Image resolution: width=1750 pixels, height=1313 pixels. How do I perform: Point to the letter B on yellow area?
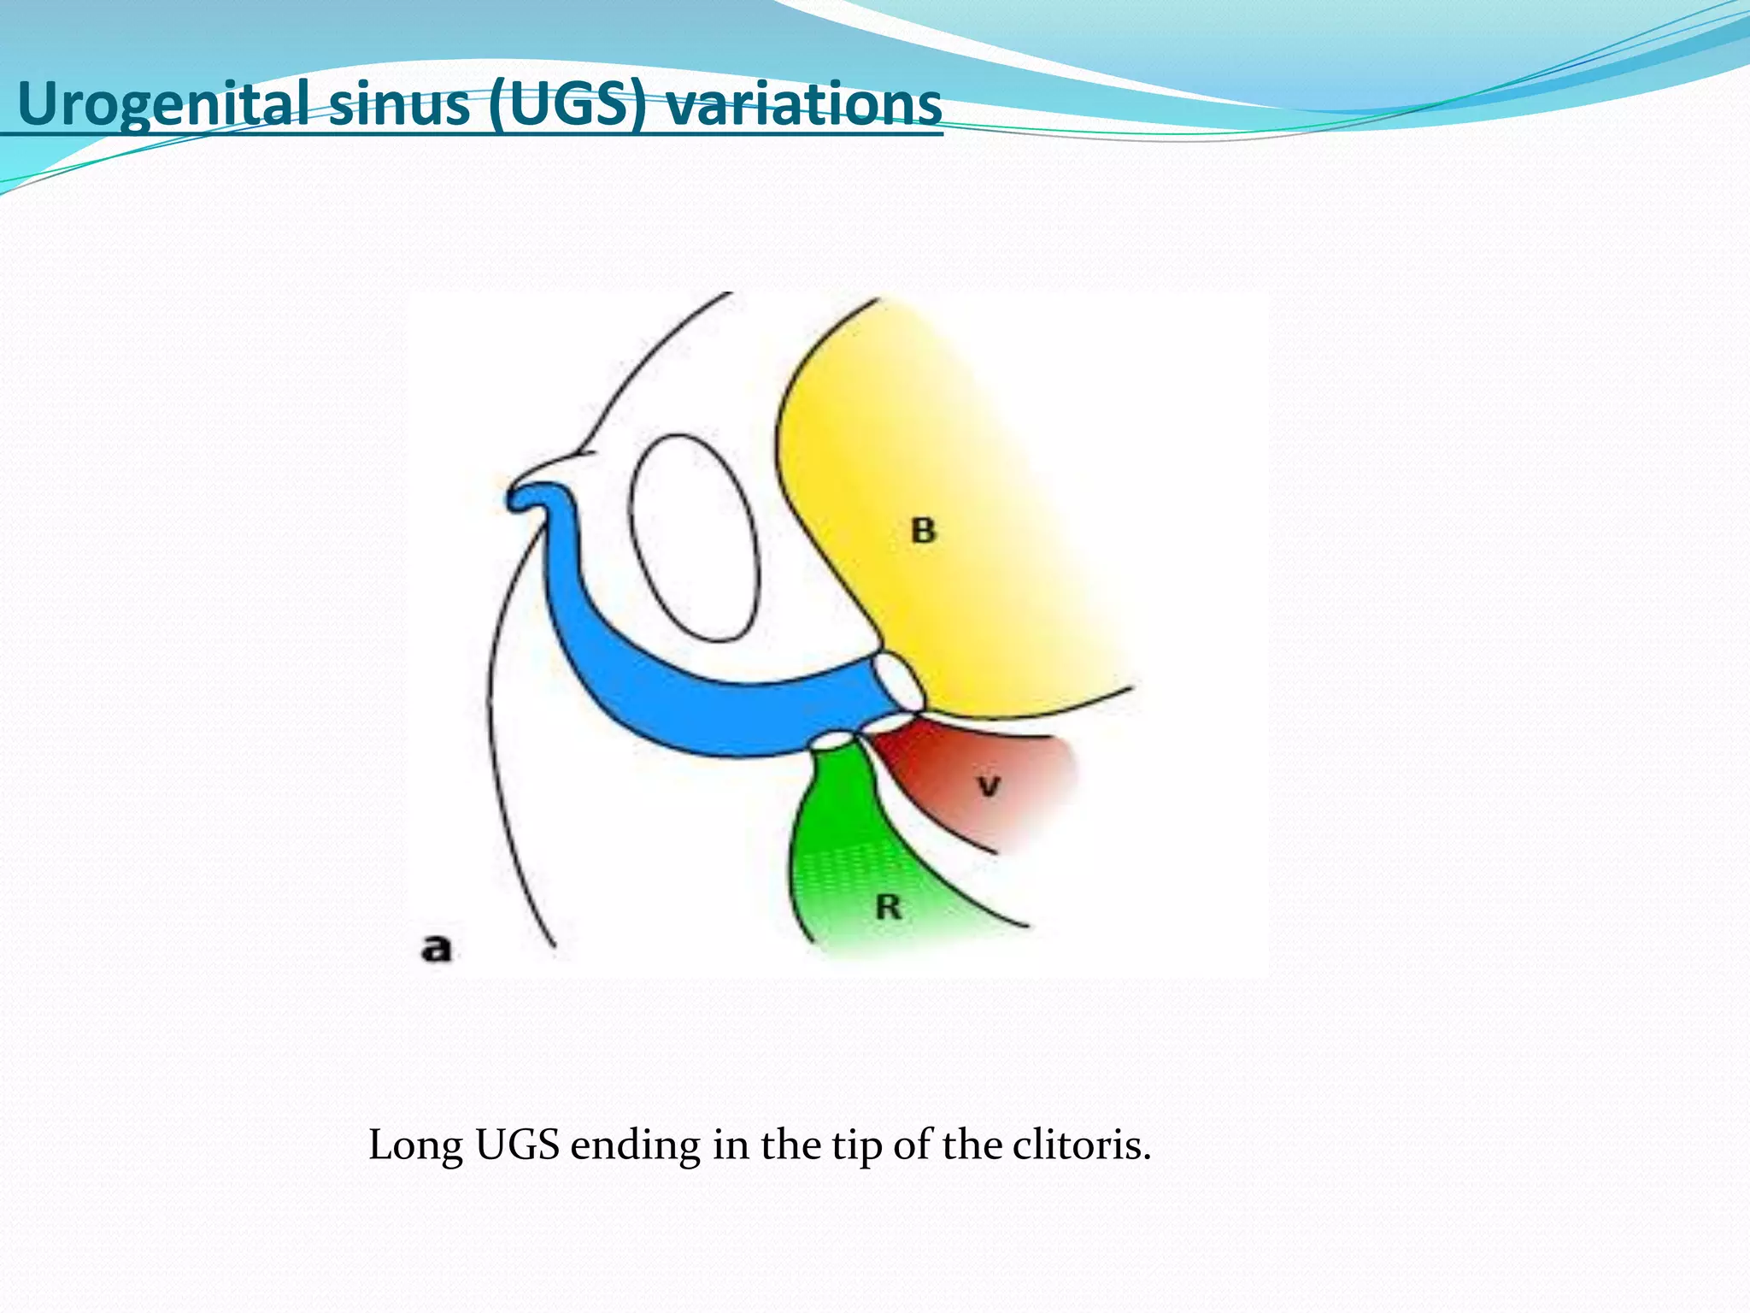(923, 531)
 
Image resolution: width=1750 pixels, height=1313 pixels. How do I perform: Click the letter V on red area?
(989, 785)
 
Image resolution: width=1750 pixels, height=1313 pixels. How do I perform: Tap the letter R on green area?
(889, 907)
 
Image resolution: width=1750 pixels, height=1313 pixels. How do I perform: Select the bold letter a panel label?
(436, 948)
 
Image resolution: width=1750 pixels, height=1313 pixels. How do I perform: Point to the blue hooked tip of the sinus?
(523, 498)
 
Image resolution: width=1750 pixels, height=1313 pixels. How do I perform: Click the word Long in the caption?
(415, 1145)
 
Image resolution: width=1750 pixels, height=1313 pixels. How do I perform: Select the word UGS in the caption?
(517, 1145)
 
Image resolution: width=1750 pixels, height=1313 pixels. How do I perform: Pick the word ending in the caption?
(635, 1146)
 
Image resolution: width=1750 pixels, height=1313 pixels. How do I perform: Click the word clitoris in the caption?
(1082, 1145)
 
